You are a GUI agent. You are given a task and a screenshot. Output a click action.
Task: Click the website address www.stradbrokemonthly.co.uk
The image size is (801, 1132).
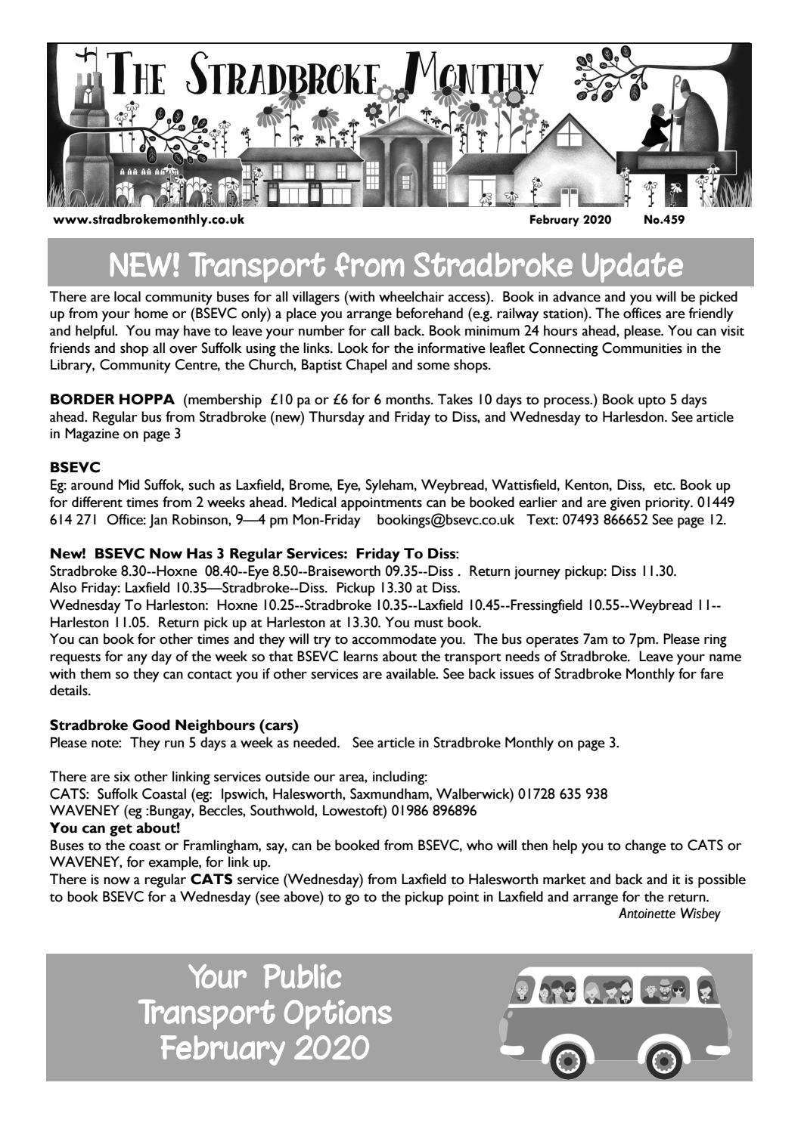tap(148, 221)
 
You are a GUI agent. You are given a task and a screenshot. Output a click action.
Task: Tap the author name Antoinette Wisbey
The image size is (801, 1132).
tap(670, 914)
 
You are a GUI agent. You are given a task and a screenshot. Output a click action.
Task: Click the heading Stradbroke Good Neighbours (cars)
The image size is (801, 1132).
tap(173, 725)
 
